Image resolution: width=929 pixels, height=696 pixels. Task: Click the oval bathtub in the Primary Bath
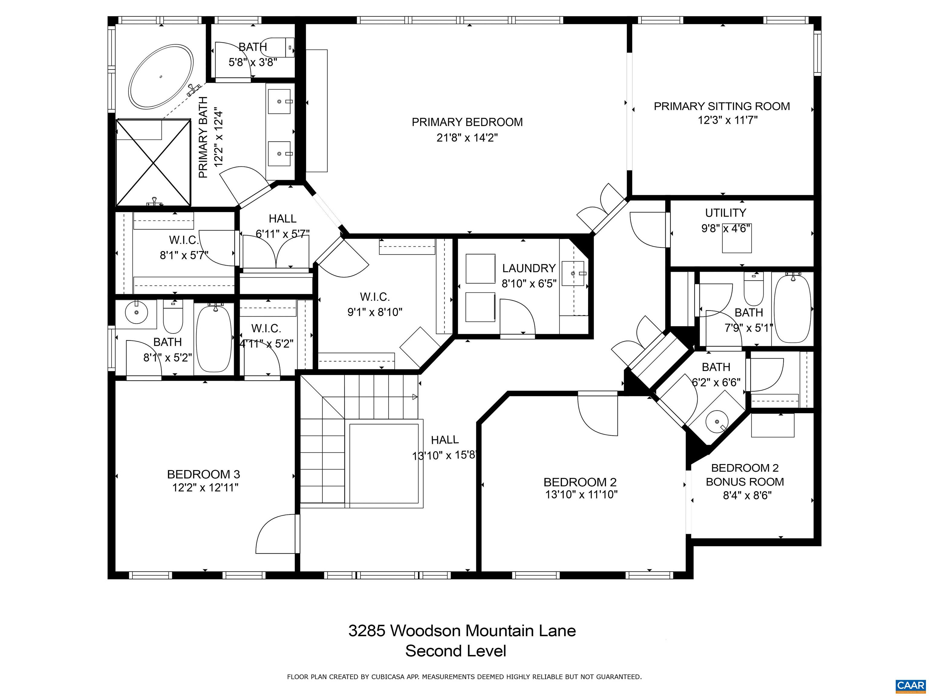point(161,77)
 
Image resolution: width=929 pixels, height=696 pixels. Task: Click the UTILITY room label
point(725,213)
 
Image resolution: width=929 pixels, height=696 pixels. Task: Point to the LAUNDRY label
point(529,268)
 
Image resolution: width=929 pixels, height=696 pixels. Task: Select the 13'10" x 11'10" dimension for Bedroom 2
point(581,495)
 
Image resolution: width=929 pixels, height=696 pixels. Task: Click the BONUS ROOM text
point(745,482)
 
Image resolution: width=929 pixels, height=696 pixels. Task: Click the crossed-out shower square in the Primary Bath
point(153,163)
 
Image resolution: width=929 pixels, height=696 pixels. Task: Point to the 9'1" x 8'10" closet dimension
point(375,312)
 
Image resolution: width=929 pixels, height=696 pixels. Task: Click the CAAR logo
point(910,685)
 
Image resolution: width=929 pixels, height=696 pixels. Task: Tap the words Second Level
point(456,651)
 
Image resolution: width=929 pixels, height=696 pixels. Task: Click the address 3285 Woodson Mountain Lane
point(462,630)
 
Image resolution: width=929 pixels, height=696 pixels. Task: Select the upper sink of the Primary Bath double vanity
point(279,101)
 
